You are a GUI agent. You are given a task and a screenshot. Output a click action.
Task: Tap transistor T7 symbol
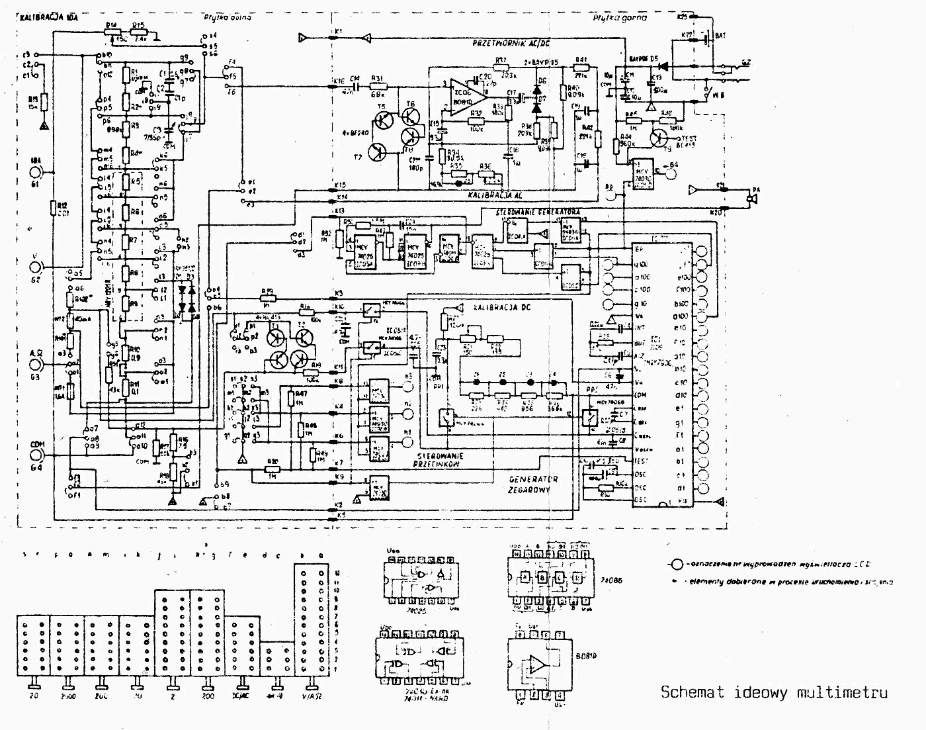pyautogui.click(x=378, y=151)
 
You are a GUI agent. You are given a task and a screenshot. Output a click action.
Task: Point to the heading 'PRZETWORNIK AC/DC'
pyautogui.click(x=511, y=44)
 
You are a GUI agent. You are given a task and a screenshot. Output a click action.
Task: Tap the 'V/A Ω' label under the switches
pyautogui.click(x=311, y=696)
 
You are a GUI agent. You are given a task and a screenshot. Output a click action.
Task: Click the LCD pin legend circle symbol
pyautogui.click(x=676, y=565)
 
